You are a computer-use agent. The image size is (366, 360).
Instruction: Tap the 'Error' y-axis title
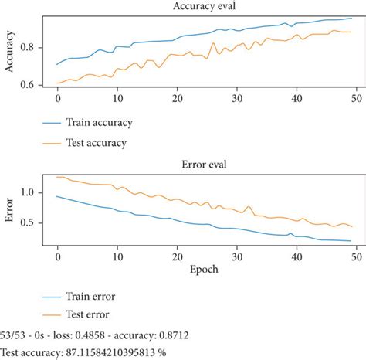click(x=9, y=209)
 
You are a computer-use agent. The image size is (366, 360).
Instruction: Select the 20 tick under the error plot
click(x=178, y=258)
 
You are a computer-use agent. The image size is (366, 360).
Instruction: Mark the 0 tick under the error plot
click(x=57, y=258)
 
